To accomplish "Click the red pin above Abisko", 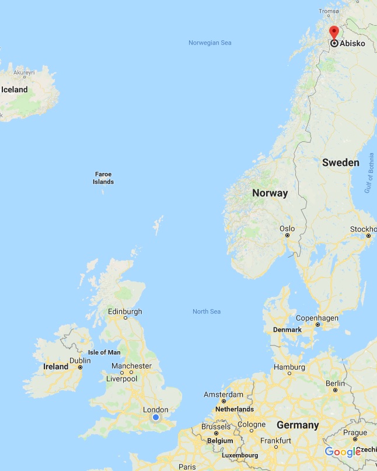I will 334,32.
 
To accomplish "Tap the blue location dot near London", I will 156,417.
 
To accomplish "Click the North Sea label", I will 207,311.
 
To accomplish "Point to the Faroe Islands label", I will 103,178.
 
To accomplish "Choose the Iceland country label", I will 15,89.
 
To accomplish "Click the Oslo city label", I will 287,228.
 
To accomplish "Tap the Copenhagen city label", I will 317,318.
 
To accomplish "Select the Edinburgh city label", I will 125,311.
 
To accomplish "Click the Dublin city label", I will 80,361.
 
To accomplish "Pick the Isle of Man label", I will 104,352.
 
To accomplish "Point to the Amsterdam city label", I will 223,395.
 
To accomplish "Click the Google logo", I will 343,452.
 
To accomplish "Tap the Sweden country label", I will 341,162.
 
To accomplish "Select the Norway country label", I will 270,193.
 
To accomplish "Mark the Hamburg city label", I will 289,367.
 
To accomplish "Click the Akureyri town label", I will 25,72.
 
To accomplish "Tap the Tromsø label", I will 329,11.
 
